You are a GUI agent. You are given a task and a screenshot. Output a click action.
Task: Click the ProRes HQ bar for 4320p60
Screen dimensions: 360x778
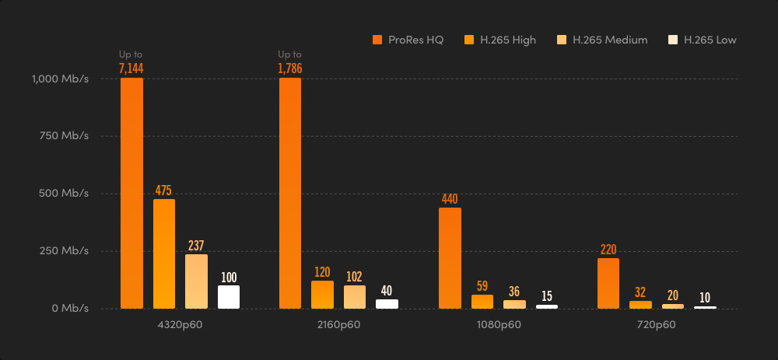[x=131, y=193]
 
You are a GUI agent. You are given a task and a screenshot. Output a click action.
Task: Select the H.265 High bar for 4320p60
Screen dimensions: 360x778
[x=164, y=253]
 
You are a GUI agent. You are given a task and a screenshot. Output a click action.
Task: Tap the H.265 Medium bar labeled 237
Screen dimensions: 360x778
[x=196, y=281]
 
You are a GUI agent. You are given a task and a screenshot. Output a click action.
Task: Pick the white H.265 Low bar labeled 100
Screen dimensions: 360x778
[x=229, y=296]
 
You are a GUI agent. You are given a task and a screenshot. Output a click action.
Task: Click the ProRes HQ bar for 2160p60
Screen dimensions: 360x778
[x=290, y=193]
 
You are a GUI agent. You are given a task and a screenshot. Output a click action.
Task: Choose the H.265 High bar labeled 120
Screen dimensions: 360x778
[x=322, y=294]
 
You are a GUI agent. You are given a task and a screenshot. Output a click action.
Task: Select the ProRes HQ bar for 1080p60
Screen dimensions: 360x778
[x=450, y=257]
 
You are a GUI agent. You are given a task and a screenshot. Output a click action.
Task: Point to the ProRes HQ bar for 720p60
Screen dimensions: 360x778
[x=608, y=283]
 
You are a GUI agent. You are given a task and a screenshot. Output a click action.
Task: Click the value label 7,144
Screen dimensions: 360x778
[x=131, y=68]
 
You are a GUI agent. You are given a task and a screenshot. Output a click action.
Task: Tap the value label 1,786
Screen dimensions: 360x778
[x=289, y=68]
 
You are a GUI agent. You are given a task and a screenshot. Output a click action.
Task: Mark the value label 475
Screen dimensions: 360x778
[x=163, y=190]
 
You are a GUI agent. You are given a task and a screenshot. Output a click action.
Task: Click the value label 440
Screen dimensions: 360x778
[x=450, y=199]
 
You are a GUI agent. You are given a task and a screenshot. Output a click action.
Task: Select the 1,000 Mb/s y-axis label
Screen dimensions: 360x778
[x=60, y=79]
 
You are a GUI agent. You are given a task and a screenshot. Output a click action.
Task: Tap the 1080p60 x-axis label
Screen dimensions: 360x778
[x=499, y=324]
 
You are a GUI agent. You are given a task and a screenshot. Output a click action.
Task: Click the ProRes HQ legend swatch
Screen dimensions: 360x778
[x=377, y=40]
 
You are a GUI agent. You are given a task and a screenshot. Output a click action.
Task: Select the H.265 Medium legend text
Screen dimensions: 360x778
[x=610, y=40]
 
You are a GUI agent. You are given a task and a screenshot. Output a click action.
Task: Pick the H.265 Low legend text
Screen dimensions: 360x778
[x=710, y=40]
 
